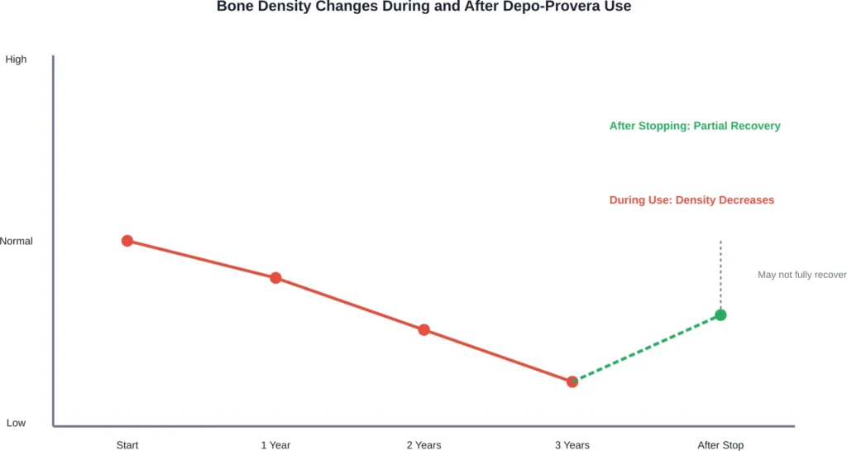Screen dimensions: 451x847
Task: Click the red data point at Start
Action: pos(127,241)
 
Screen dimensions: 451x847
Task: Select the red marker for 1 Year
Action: pos(275,278)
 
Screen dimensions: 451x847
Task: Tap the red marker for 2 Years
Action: pos(423,329)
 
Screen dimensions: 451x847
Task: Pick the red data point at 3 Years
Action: pos(572,381)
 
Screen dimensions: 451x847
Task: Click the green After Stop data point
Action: pos(720,314)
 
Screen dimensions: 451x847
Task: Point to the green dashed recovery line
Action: pos(646,348)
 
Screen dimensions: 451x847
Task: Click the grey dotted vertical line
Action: pos(720,273)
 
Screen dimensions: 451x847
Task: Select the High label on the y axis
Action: pos(16,60)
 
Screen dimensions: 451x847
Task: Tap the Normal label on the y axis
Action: pos(16,242)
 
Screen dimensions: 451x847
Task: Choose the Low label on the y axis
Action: pos(16,423)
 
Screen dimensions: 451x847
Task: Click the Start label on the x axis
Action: pos(127,445)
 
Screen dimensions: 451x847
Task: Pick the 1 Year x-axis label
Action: pos(275,445)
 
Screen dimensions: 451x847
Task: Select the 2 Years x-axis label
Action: pos(423,445)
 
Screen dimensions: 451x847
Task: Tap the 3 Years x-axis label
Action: pos(572,445)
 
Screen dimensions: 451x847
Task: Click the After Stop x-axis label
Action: pos(720,445)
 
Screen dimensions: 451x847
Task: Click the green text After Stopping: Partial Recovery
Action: pos(695,127)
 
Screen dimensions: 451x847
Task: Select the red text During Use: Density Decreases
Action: pos(691,200)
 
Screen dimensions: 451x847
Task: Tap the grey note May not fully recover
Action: pos(802,275)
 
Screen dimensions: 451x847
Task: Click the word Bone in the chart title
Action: pos(233,7)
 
